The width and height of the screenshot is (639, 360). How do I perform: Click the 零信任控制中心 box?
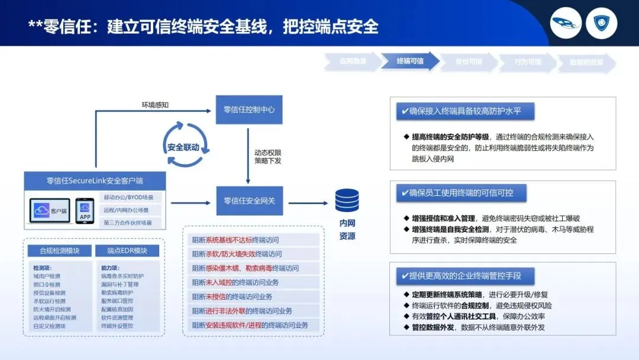248,110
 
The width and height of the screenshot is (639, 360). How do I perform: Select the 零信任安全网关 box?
248,201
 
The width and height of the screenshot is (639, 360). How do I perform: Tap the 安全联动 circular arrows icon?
183,147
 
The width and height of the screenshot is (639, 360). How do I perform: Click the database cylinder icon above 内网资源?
347,200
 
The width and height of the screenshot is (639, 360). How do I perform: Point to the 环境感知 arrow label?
155,105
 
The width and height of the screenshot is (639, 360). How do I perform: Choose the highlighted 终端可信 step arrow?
410,61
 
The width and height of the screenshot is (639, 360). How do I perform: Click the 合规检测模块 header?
59,250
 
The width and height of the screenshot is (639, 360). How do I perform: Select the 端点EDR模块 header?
127,250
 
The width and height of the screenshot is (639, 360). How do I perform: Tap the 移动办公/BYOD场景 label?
128,197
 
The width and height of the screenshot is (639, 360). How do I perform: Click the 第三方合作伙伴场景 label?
128,223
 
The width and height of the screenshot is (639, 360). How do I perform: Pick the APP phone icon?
85,211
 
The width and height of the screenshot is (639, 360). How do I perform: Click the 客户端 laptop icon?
52,211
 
